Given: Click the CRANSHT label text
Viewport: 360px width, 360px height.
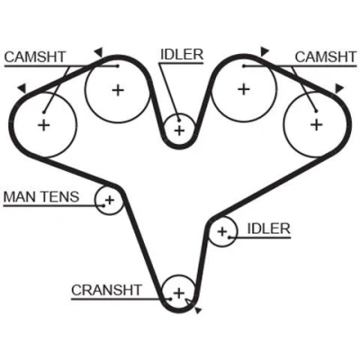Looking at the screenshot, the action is tap(106, 290).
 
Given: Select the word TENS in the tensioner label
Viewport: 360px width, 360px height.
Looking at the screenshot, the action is tap(60, 197).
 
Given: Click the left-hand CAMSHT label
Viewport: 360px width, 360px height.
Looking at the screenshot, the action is tap(35, 57).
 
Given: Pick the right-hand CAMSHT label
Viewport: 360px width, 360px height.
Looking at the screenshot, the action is tap(326, 57).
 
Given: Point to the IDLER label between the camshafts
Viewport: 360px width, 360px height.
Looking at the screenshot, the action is tap(182, 55).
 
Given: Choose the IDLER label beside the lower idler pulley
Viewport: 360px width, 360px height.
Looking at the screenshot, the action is tap(269, 229).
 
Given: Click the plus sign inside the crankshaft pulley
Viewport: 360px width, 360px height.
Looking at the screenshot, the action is tap(179, 292).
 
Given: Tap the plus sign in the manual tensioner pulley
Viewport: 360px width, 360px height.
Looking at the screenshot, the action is tap(110, 200).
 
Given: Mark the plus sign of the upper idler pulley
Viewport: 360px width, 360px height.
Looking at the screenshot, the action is tap(179, 130).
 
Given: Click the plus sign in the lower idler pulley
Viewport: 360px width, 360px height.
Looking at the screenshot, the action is tap(222, 231).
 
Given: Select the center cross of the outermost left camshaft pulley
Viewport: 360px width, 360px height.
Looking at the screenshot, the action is tap(44, 124).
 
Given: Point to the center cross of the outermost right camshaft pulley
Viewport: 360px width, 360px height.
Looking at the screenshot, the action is tap(316, 124).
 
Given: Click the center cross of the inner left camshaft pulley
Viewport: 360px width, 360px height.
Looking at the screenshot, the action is tap(118, 90).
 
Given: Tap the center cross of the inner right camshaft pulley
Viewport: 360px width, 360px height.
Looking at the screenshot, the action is tap(244, 89).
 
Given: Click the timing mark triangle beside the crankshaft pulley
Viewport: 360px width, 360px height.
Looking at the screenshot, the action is tap(197, 310).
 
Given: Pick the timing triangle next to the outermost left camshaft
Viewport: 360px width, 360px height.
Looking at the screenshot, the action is tap(22, 88).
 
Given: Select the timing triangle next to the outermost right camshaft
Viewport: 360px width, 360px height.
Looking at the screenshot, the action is tap(339, 88).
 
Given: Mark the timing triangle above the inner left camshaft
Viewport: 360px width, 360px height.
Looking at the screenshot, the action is tap(99, 52).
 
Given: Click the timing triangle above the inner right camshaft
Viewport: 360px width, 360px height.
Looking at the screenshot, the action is tap(264, 51).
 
